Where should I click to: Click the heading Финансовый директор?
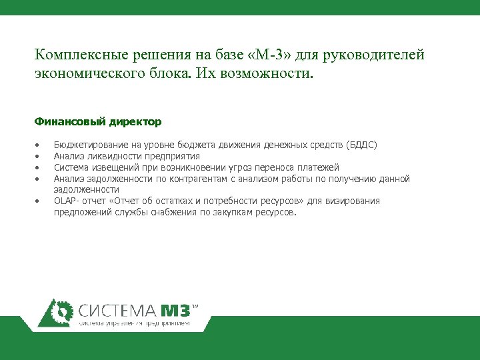(x=97, y=122)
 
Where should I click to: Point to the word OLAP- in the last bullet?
(x=66, y=201)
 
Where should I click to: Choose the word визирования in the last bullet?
(x=356, y=201)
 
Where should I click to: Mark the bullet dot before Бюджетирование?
(x=37, y=145)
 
